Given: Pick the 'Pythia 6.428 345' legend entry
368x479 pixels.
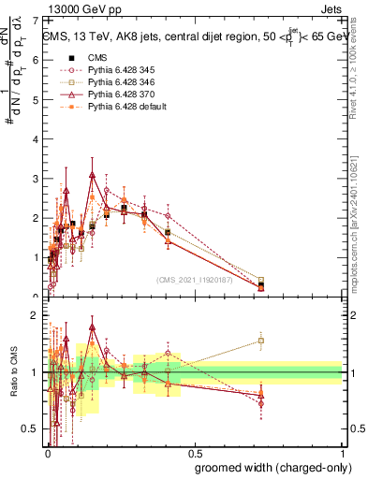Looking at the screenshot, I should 111,68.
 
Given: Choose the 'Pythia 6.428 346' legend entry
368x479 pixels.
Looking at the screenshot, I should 111,81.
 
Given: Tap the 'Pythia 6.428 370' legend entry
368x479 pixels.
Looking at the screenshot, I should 111,94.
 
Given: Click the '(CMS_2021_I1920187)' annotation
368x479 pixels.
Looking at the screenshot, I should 195,279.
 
